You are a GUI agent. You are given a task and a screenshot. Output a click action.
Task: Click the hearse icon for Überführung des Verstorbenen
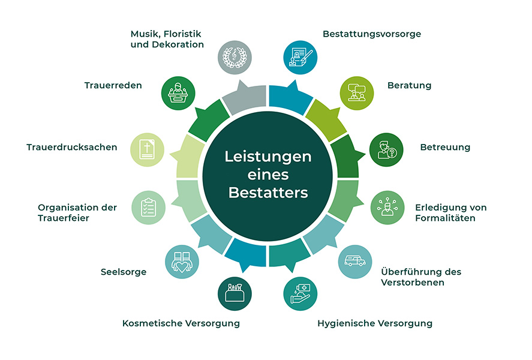(x=355, y=262)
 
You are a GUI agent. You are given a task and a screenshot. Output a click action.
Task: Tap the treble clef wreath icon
(x=235, y=58)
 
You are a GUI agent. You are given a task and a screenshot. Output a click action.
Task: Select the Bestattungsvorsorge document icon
(x=300, y=58)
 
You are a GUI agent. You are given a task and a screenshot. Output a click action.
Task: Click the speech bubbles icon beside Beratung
(x=357, y=93)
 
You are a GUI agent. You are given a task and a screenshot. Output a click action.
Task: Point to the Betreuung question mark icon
(x=386, y=149)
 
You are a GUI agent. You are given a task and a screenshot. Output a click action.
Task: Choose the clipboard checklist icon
(x=148, y=208)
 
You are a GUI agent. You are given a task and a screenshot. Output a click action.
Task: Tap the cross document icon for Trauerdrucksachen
(x=148, y=149)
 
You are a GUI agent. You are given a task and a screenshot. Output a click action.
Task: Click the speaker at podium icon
(x=178, y=93)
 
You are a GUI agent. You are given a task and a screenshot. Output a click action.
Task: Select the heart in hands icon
(x=182, y=262)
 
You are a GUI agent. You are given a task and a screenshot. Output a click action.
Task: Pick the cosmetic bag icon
(x=235, y=294)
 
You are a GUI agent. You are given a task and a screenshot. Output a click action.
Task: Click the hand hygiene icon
(x=300, y=294)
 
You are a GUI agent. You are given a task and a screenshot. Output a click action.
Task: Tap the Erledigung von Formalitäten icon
(x=387, y=208)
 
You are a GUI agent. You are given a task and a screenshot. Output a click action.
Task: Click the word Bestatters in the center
(x=268, y=193)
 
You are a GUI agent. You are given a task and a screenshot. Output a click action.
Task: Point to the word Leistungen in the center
(x=268, y=157)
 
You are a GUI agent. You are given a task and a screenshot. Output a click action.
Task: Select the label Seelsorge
(x=124, y=272)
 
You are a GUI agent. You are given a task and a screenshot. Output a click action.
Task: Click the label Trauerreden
(x=113, y=85)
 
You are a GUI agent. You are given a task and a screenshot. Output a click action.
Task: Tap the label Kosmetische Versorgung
(x=181, y=323)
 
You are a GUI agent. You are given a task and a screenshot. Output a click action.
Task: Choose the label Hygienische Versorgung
(x=375, y=323)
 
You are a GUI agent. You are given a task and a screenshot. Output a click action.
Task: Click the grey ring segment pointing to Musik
(x=245, y=98)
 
